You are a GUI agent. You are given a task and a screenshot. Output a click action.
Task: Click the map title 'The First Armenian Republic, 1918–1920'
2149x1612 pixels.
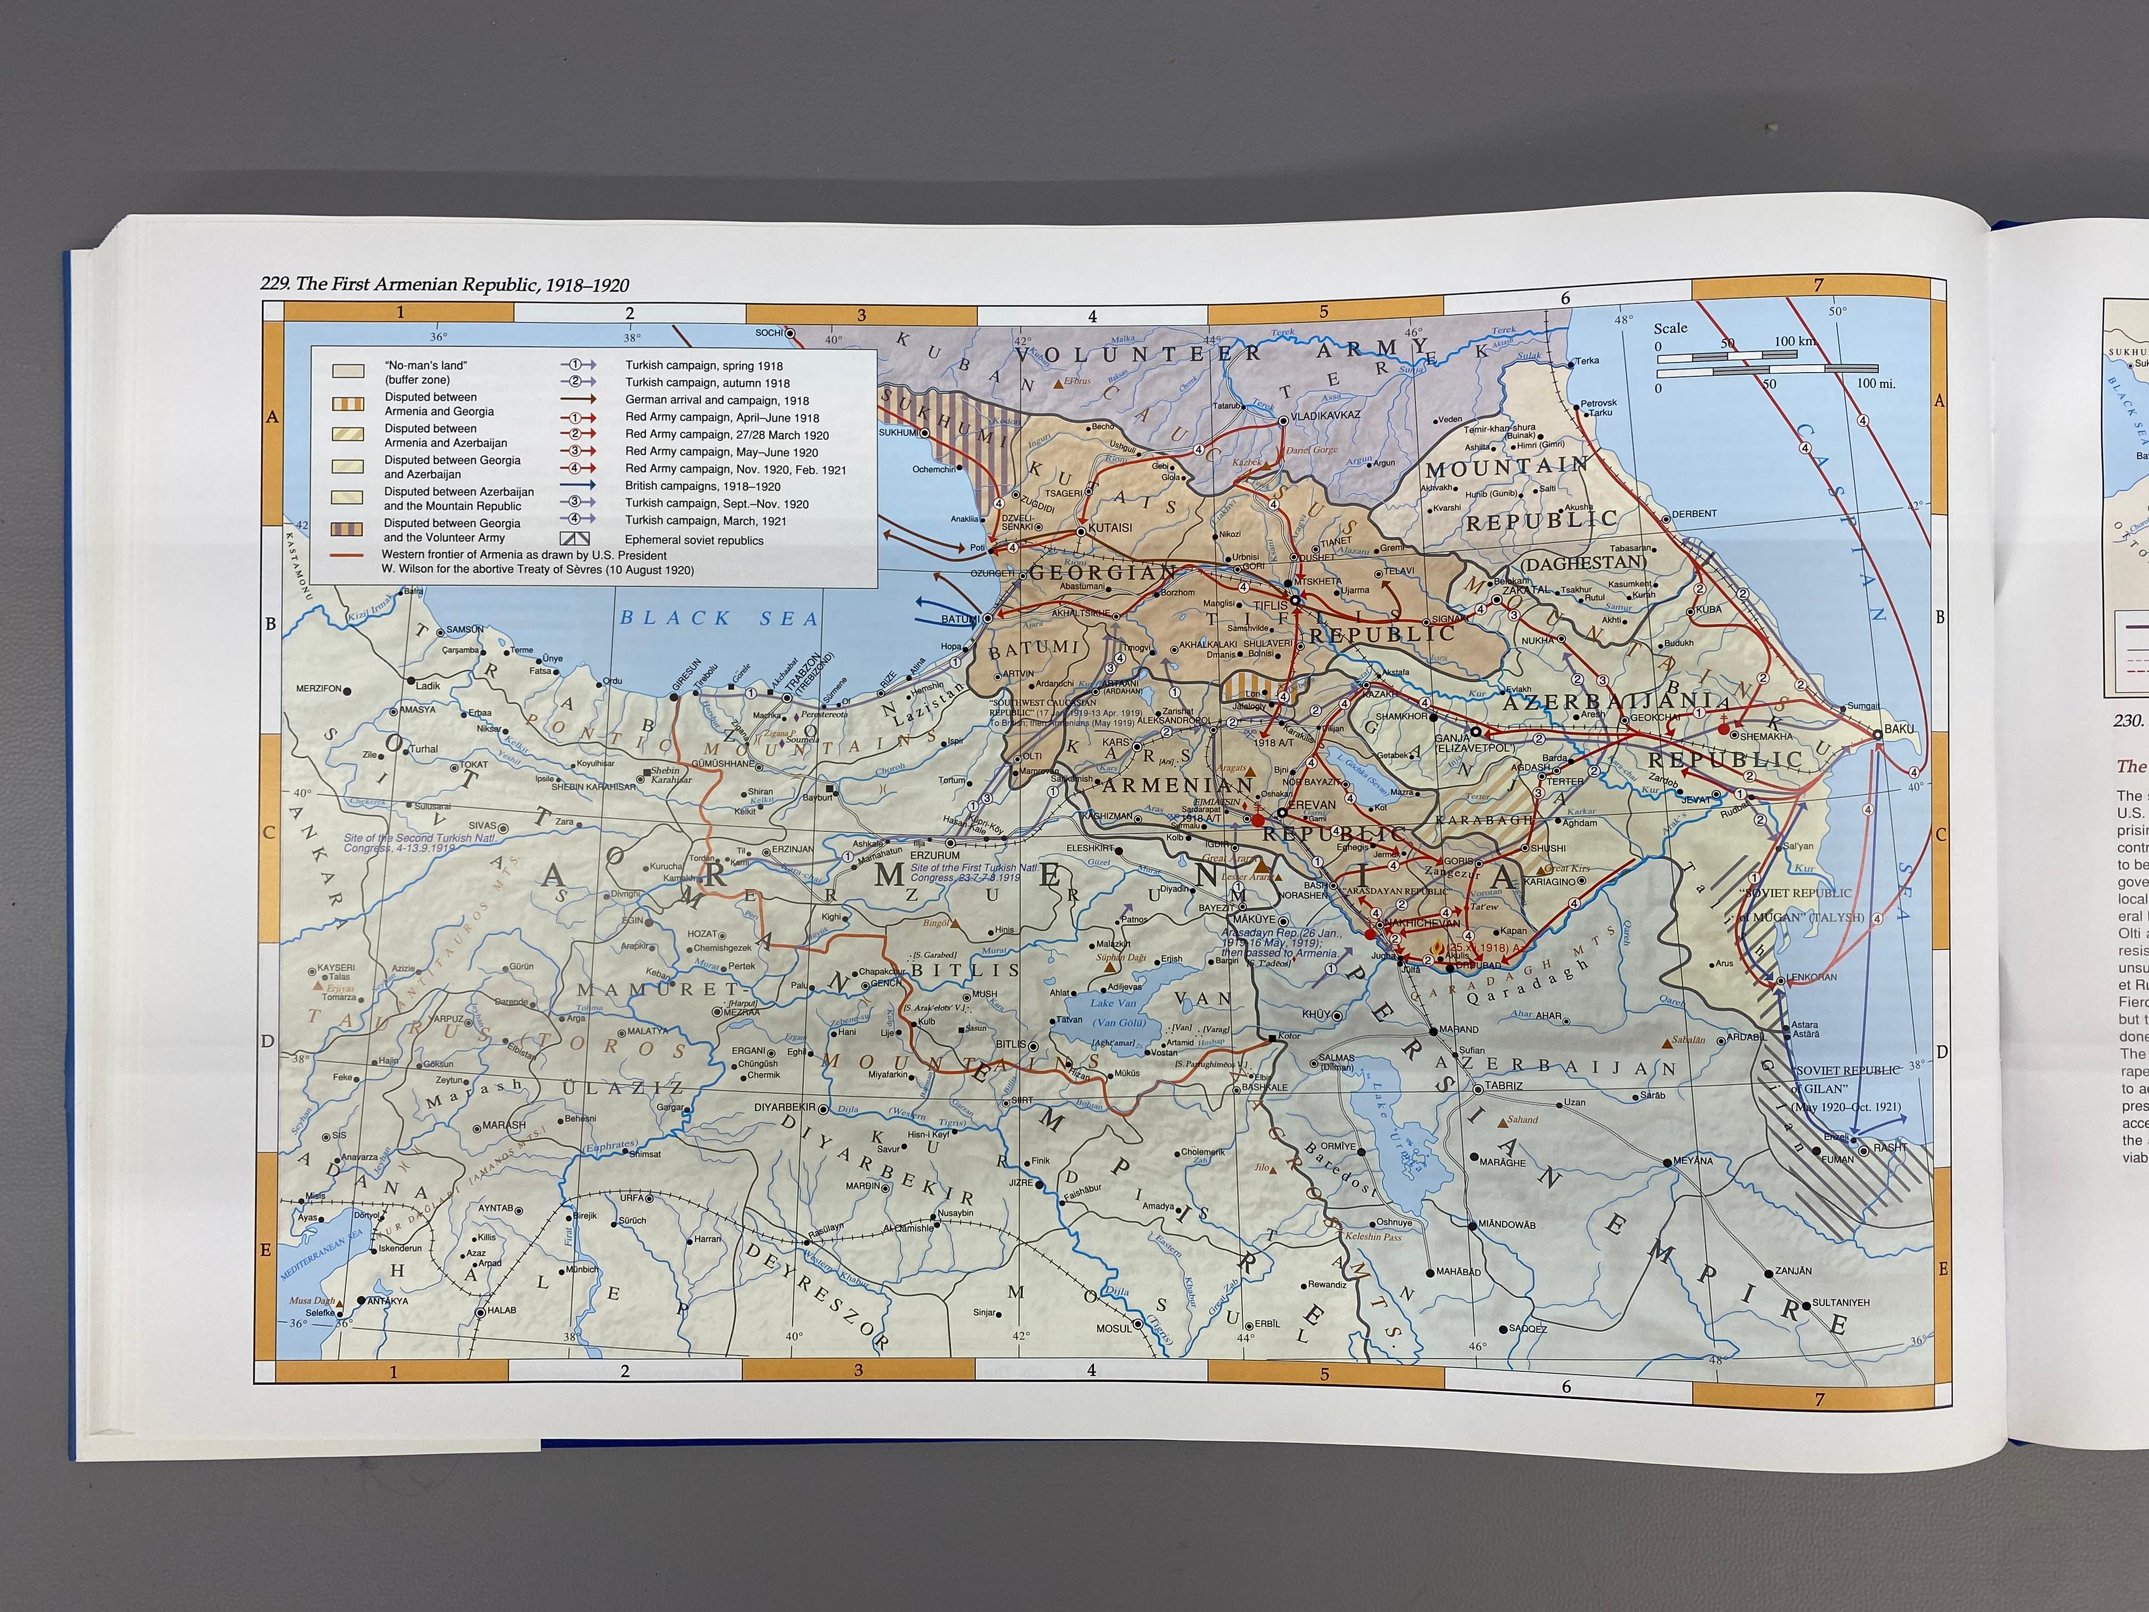445,285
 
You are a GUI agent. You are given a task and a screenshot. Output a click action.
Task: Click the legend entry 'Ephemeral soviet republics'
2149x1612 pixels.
693,540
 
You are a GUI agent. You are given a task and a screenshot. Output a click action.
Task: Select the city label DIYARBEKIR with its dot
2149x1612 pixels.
788,1108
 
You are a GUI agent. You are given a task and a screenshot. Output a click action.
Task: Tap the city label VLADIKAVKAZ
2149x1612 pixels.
1325,415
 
